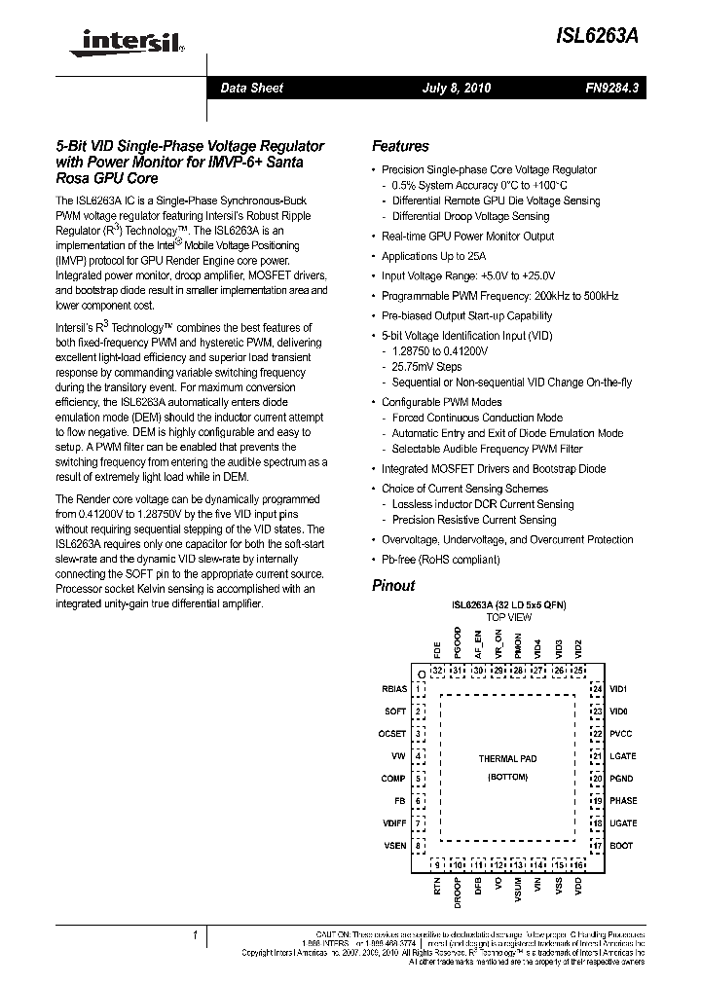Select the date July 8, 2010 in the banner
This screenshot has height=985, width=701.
[x=457, y=89]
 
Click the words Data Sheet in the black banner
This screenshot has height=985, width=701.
[x=251, y=89]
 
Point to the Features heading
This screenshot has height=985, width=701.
[x=400, y=147]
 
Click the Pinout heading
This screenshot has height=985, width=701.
[x=393, y=586]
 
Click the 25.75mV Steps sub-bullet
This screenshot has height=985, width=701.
[x=426, y=367]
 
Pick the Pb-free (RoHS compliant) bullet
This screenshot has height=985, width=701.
[x=440, y=560]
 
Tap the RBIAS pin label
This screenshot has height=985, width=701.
[x=393, y=689]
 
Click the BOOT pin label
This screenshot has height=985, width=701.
[x=621, y=846]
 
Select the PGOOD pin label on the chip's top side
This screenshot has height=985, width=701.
[x=458, y=646]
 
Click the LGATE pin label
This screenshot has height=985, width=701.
[x=623, y=756]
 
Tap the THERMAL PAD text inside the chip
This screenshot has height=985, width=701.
[x=507, y=759]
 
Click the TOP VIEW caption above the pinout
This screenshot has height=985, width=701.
[x=508, y=618]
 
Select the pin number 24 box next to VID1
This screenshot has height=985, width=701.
[x=597, y=689]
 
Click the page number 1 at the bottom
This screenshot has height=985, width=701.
[x=195, y=936]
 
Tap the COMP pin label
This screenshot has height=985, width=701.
[x=393, y=779]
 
